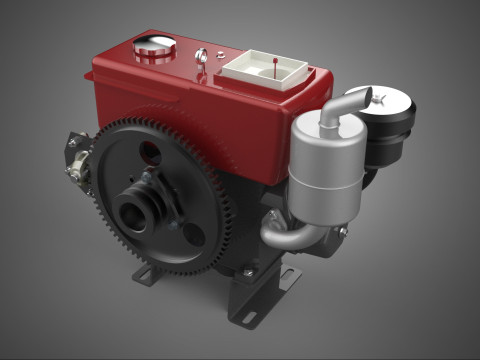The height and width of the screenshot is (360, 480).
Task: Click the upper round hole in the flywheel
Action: [x=149, y=152]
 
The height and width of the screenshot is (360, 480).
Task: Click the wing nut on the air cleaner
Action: [x=384, y=96]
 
